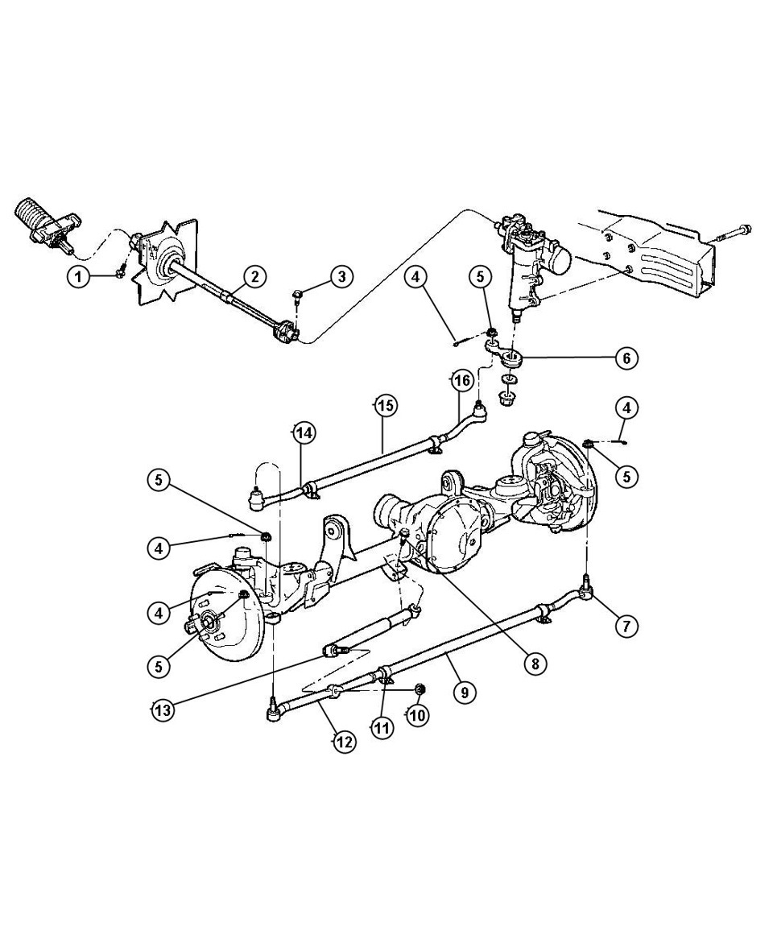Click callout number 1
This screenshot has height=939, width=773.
pos(78,277)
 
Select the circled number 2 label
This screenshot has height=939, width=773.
pos(254,277)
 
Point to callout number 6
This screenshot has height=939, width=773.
pos(626,358)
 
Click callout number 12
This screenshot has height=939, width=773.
pos(344,742)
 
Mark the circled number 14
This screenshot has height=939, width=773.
pos(304,432)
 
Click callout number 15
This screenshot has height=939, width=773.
pos(386,406)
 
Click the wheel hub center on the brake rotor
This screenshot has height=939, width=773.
pos(210,621)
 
